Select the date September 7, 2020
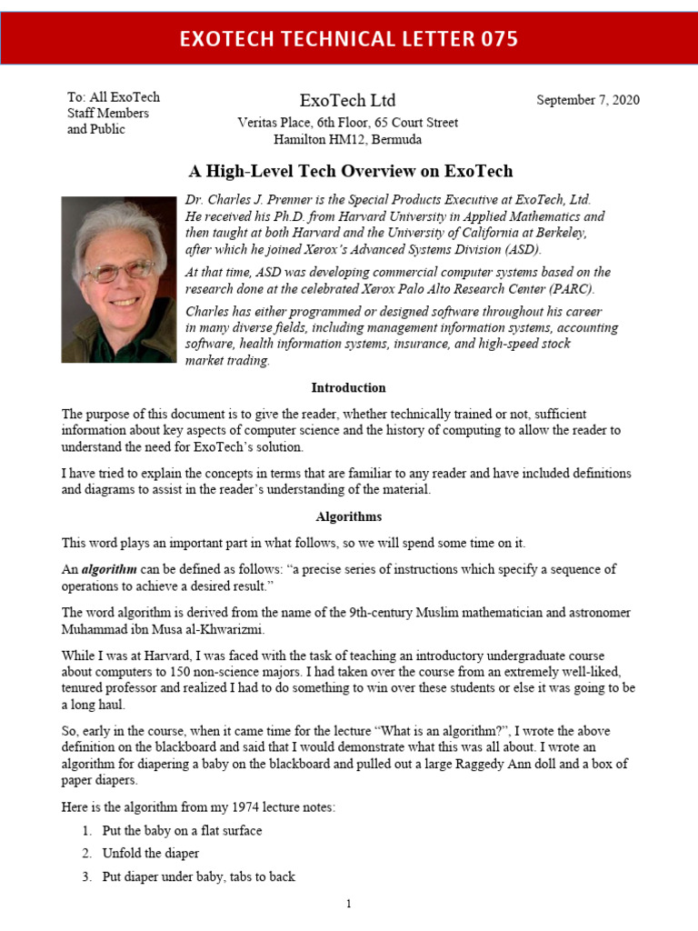pos(588,100)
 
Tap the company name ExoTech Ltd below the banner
pos(348,100)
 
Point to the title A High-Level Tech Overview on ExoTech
pos(350,171)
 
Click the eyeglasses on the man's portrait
pos(118,271)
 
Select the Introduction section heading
pos(348,387)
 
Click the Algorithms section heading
pos(348,516)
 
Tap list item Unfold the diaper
pos(150,854)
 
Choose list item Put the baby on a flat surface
pos(183,831)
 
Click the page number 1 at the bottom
pos(348,904)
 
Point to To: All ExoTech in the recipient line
pos(114,97)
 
